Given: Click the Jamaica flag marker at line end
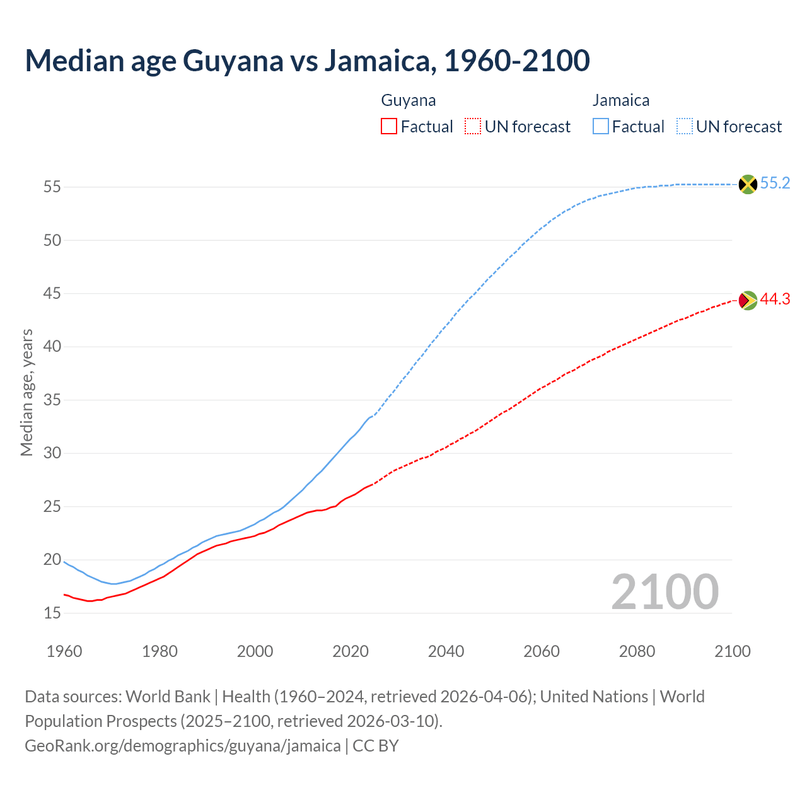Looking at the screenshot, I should [748, 184].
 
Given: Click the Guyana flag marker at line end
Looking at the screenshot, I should [748, 300].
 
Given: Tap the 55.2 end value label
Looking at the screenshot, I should [775, 183].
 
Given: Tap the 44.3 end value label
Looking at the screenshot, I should [775, 299].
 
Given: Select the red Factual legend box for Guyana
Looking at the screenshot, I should [389, 127].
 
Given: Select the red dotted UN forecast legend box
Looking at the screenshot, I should [473, 127].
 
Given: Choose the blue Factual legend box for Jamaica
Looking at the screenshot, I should [601, 127].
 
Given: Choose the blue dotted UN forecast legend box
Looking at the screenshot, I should [685, 127].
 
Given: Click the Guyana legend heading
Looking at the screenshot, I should [409, 100].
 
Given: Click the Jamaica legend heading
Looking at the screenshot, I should [620, 100].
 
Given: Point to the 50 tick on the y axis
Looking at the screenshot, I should [52, 240].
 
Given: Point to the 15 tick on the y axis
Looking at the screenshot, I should [52, 613].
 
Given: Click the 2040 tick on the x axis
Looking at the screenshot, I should [446, 651].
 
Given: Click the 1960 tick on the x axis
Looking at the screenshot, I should [64, 651].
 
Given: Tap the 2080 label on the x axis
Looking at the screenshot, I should [637, 651].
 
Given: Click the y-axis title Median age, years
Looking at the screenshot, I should [26, 392].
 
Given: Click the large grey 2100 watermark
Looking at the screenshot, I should [665, 591].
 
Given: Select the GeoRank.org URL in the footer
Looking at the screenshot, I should [182, 746].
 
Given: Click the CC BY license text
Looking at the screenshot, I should [376, 746].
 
